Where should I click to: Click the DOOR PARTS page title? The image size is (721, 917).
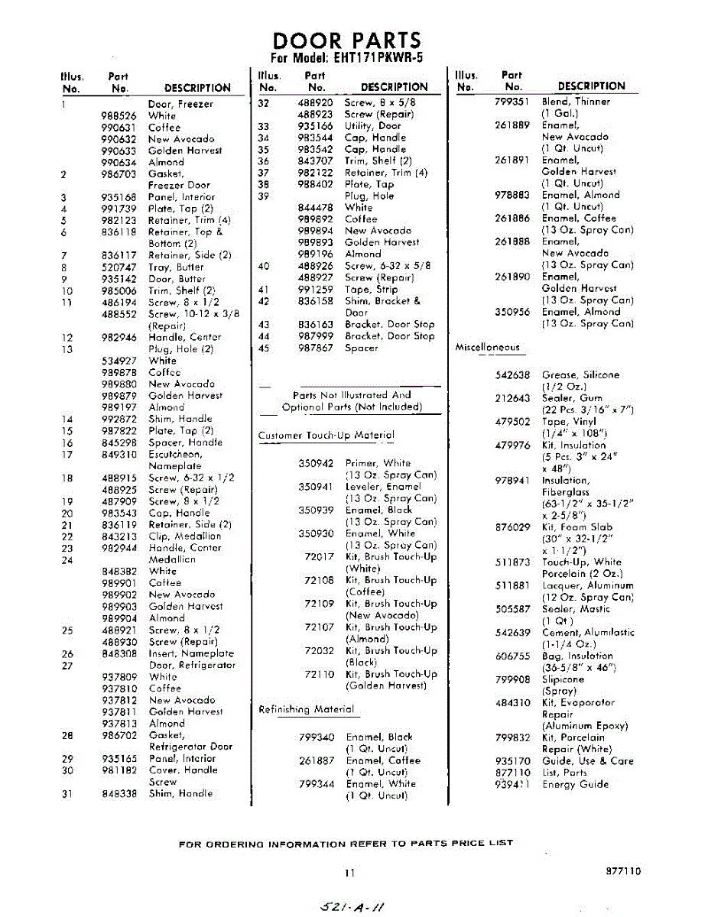346,41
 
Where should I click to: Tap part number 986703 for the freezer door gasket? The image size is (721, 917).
119,174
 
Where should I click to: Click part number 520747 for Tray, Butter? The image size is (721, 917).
119,267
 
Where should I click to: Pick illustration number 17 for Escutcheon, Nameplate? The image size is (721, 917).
67,455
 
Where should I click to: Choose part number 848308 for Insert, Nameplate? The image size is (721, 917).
119,653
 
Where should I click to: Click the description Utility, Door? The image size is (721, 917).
372,126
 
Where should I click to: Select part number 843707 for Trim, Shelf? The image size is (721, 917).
315,161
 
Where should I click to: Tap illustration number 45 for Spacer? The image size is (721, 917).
265,348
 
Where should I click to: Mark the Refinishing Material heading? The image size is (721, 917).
306,709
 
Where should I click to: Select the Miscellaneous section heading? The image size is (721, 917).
487,347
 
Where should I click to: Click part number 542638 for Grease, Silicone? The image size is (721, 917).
512,375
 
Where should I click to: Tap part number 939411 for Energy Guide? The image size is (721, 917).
512,784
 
